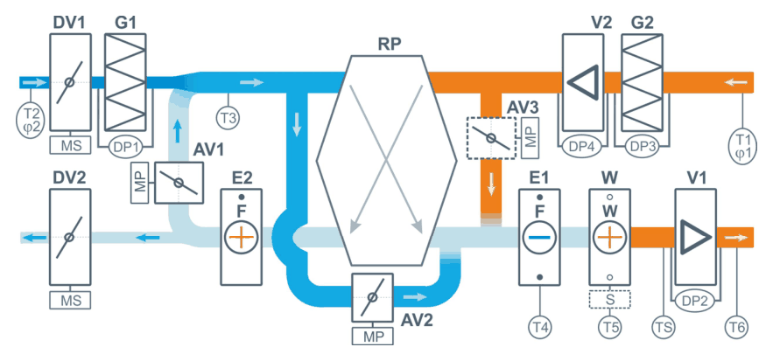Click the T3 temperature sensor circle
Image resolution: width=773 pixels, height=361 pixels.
(228, 118)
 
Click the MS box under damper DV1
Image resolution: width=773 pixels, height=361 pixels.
(70, 145)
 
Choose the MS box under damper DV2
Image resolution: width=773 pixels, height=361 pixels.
(70, 300)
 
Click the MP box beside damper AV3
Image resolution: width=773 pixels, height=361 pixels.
(531, 138)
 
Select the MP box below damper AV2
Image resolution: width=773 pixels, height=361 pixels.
(373, 337)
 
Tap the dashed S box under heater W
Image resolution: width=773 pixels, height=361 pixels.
(610, 300)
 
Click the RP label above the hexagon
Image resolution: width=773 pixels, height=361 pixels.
(390, 44)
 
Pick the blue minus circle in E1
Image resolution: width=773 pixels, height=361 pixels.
(540, 238)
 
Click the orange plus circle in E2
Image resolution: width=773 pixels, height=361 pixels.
(241, 238)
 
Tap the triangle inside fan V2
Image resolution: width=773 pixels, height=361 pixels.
(584, 80)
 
